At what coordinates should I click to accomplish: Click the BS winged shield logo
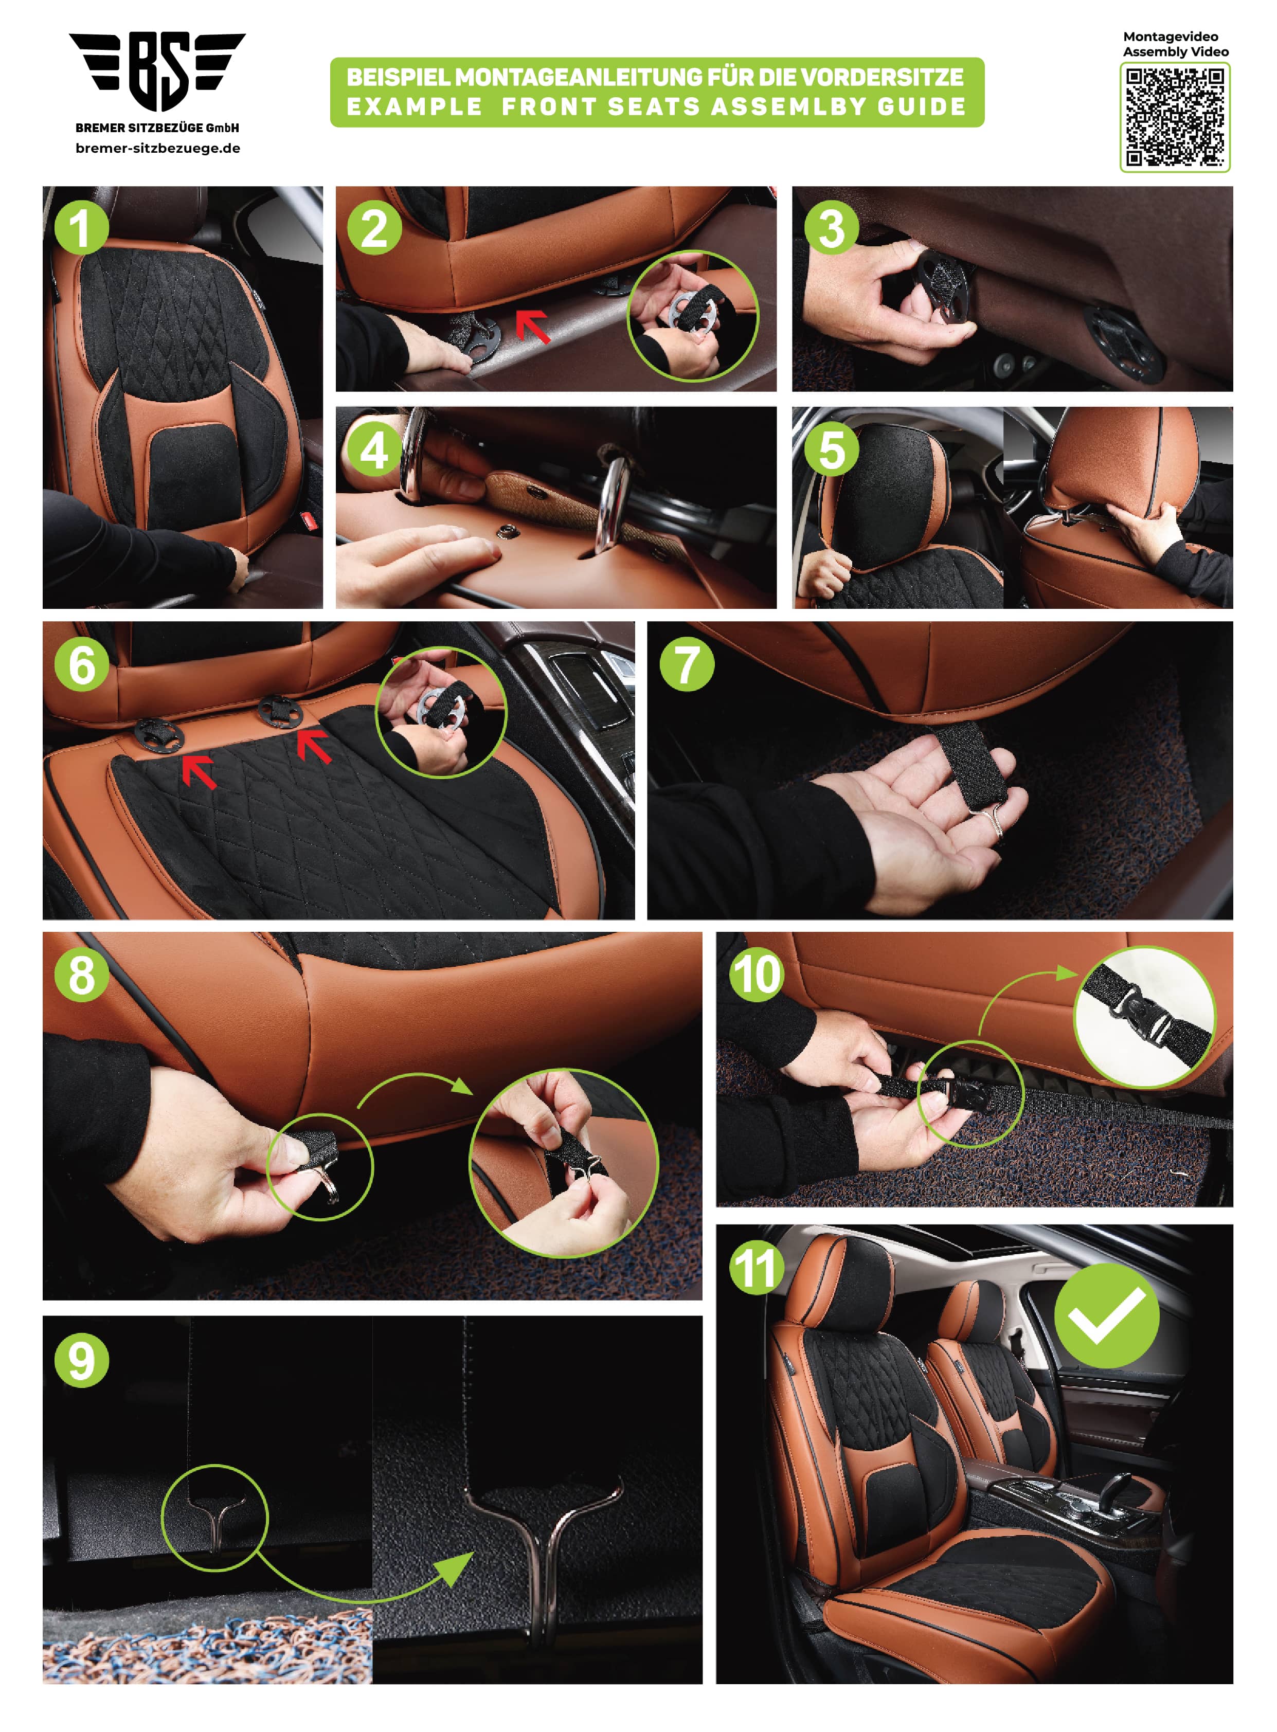coord(158,71)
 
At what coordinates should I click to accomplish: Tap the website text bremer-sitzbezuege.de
coord(158,149)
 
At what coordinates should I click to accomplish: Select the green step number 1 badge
coord(81,228)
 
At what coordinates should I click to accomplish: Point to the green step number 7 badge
coord(687,664)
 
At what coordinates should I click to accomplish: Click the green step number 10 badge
coord(757,975)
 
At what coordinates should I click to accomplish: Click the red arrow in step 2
coord(533,326)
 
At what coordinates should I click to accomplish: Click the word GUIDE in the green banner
coord(922,106)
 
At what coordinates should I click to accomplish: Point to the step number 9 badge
coord(81,1360)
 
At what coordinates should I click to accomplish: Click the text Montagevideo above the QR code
coord(1171,37)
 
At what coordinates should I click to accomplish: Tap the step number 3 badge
coord(831,228)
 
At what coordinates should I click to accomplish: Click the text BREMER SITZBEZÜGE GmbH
coord(158,128)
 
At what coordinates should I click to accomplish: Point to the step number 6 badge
coord(81,664)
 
